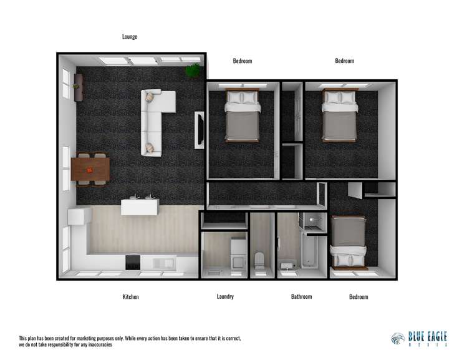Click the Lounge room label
click(x=130, y=37)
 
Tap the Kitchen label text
click(x=130, y=297)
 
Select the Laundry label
click(x=225, y=296)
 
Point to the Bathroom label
click(x=301, y=296)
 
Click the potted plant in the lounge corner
click(x=193, y=70)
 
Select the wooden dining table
click(x=90, y=168)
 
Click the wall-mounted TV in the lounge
click(x=200, y=129)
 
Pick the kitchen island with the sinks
click(x=139, y=205)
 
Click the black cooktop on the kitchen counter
click(x=133, y=263)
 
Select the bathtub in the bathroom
click(x=309, y=252)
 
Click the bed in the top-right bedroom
click(x=339, y=115)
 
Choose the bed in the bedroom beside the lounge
click(x=242, y=116)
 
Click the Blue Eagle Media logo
click(x=418, y=338)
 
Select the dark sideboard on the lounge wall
click(x=78, y=87)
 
